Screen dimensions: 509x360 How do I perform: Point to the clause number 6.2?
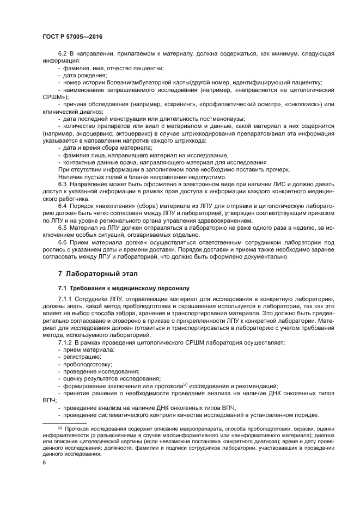pos(63,53)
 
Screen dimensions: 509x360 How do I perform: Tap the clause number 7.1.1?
pos(66,299)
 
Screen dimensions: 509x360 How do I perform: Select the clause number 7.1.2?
pos(66,343)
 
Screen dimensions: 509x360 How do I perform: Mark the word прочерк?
pos(277,170)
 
